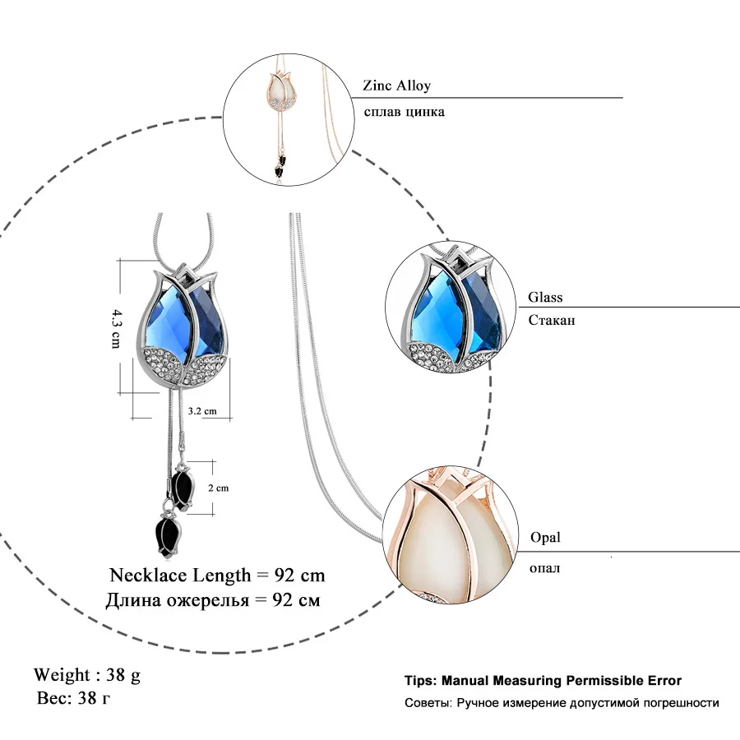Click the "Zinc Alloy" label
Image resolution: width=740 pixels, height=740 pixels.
[x=396, y=86]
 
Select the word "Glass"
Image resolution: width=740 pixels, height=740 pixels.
[x=545, y=298]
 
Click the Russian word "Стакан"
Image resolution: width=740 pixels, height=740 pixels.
[x=552, y=320]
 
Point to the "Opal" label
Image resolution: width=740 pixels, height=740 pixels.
[x=544, y=537]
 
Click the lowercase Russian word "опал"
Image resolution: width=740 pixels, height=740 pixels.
[x=544, y=567]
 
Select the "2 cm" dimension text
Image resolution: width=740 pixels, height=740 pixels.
[x=218, y=488]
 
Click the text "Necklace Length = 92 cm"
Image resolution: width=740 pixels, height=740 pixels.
[x=217, y=574]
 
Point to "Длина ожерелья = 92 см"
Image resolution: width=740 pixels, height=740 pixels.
[x=212, y=599]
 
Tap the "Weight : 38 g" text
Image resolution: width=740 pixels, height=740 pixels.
[x=87, y=675]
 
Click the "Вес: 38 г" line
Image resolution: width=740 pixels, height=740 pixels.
[x=75, y=699]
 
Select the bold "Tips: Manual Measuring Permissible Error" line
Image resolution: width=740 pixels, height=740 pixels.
[x=543, y=681]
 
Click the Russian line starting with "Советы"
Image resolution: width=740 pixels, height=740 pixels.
[x=562, y=703]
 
